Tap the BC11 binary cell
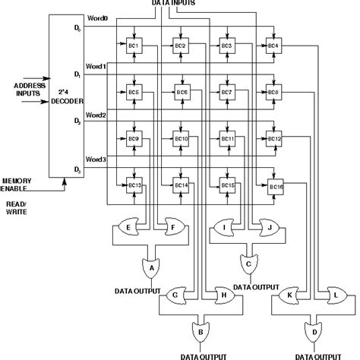[x=227, y=139]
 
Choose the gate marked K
[x=291, y=295]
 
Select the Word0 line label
[x=96, y=17]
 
